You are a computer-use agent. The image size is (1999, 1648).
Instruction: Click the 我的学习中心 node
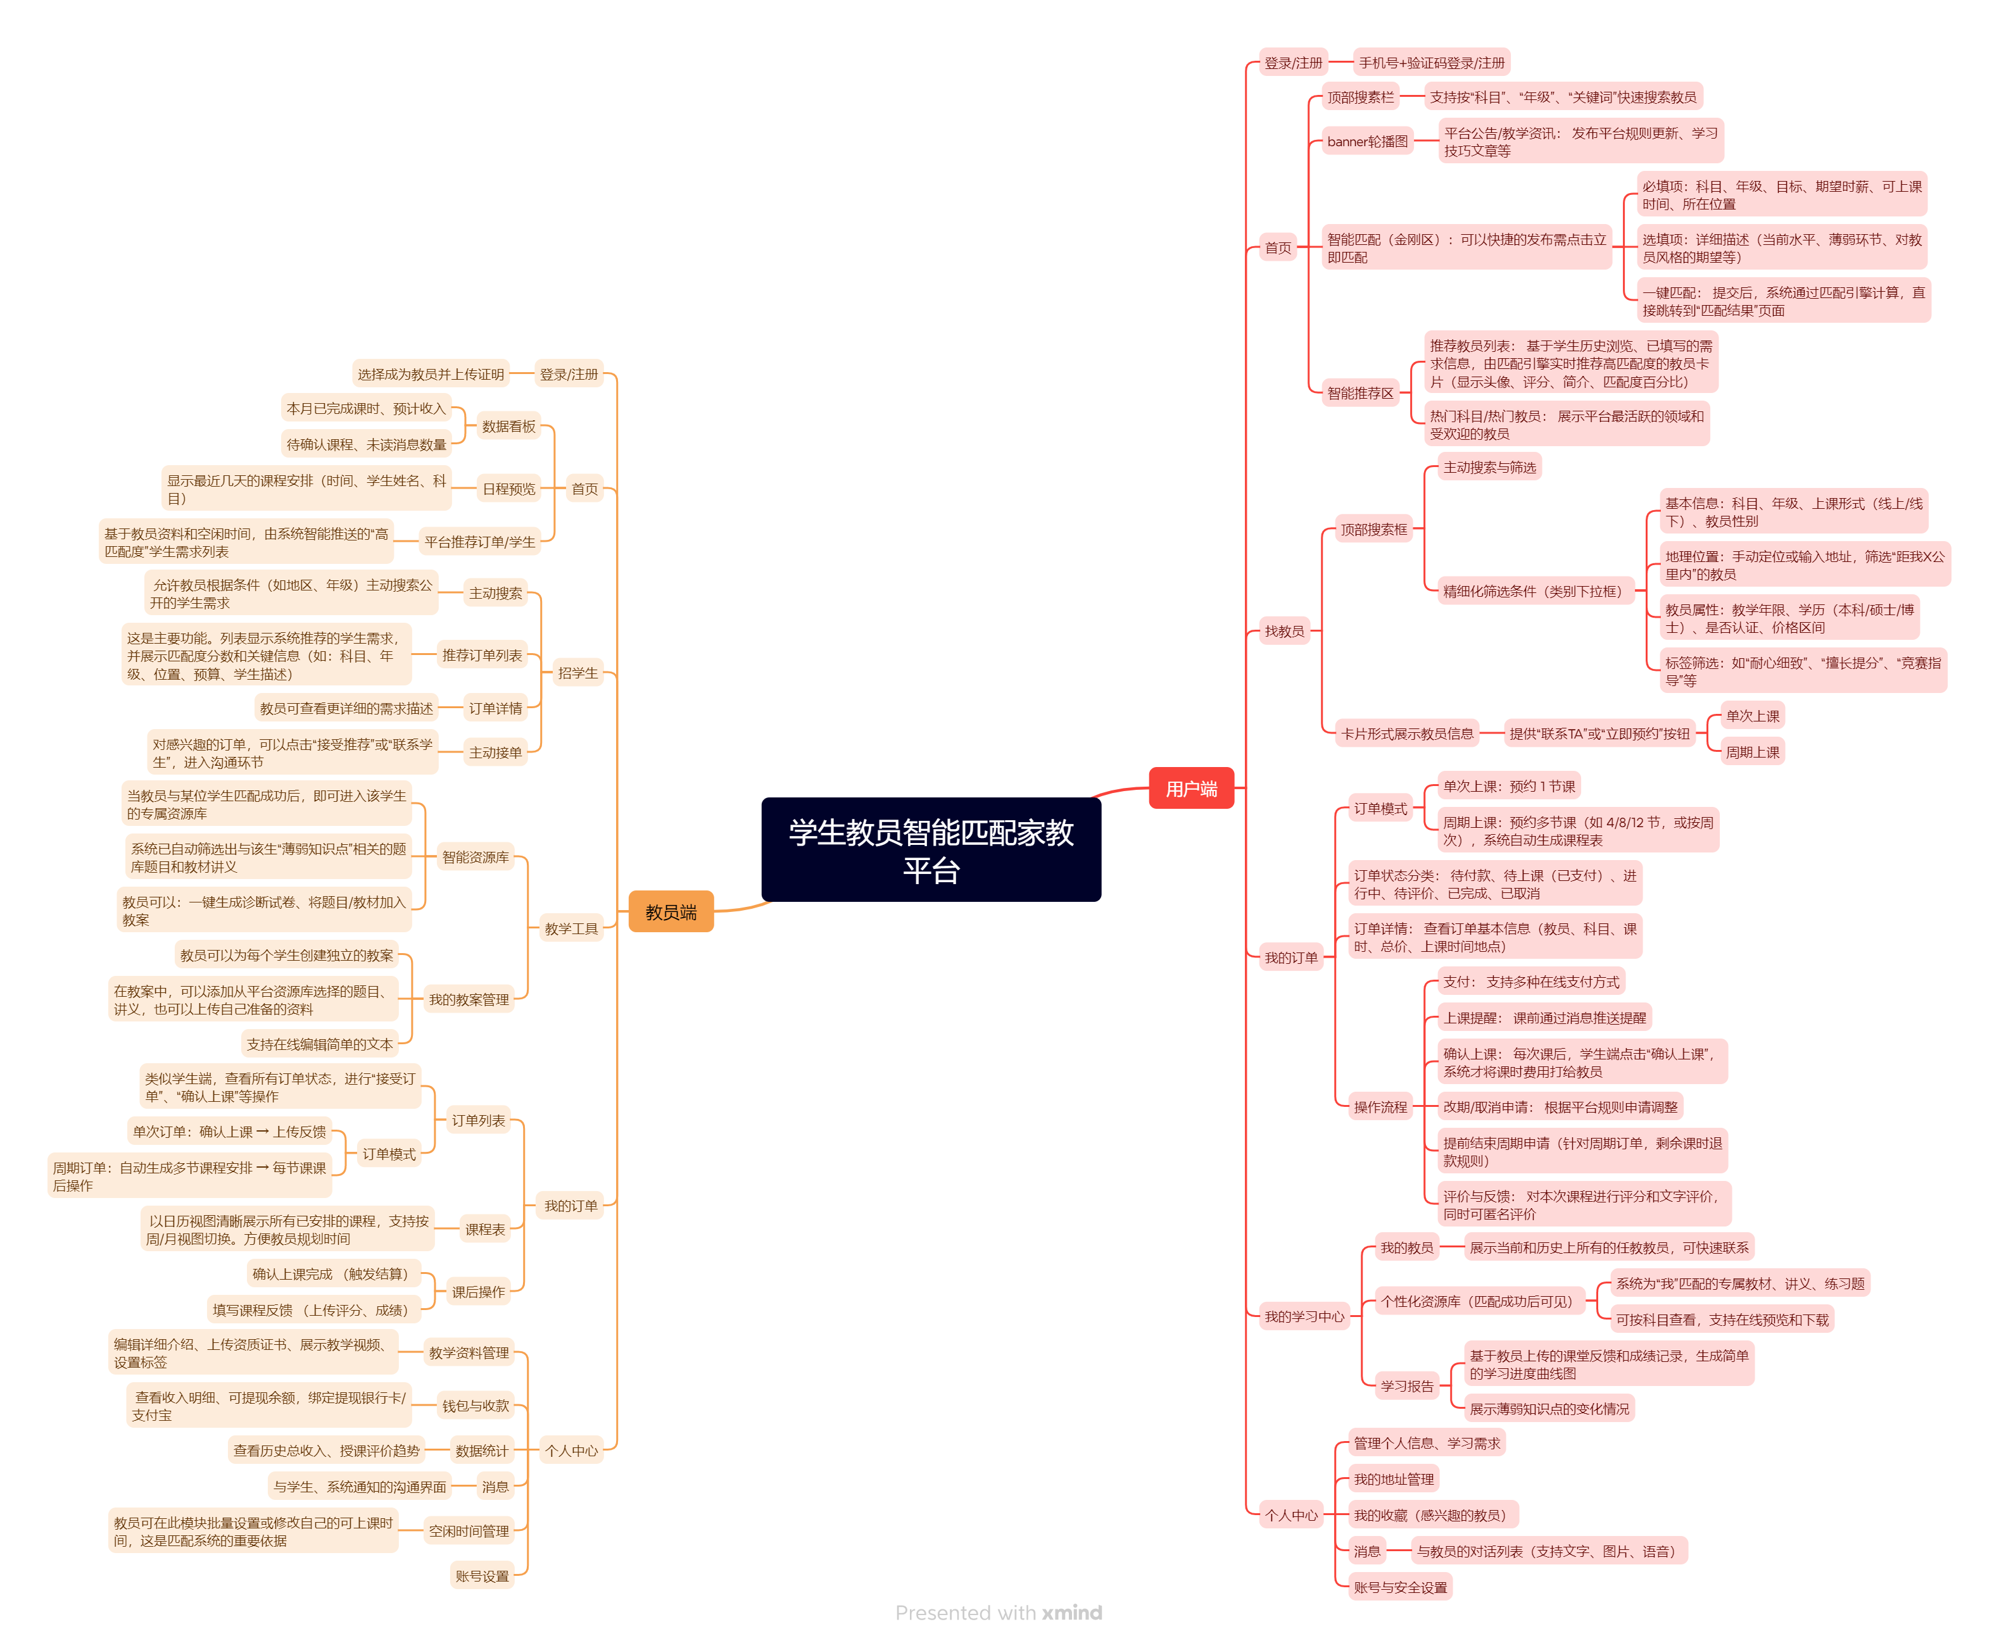coord(1303,1316)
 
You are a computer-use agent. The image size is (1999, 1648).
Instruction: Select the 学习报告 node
coord(1406,1386)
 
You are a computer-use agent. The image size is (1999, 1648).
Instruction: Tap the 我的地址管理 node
coord(1392,1479)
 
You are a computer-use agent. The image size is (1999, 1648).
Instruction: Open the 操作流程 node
coord(1379,1107)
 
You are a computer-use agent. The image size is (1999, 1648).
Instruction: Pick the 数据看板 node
coord(508,427)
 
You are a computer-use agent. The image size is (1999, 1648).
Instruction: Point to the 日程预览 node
coord(508,489)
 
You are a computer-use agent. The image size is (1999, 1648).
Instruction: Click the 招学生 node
coord(577,673)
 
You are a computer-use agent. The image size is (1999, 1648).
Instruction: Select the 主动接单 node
coord(495,753)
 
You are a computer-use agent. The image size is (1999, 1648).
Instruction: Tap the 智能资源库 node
coord(475,857)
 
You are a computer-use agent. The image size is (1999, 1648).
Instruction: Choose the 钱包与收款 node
coord(475,1406)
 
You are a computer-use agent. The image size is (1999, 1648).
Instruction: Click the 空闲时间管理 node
coord(468,1532)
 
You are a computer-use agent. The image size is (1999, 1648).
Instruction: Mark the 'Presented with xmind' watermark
coord(998,1613)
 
